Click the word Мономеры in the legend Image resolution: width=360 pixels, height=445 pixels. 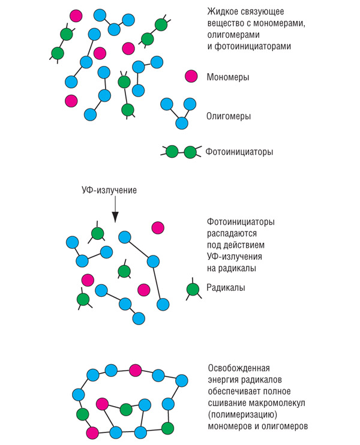[x=227, y=77]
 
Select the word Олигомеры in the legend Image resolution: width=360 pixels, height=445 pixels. [x=229, y=116]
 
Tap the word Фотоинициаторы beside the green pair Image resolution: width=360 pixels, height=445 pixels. [x=239, y=152]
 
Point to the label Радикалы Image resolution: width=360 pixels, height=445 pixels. [x=226, y=288]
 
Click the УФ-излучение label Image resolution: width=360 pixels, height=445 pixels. [x=109, y=190]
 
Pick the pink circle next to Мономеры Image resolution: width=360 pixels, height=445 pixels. [x=191, y=76]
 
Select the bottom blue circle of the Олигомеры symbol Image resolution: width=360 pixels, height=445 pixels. [x=182, y=123]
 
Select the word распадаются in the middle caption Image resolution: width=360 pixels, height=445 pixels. [x=232, y=233]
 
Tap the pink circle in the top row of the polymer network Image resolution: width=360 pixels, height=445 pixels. [x=135, y=370]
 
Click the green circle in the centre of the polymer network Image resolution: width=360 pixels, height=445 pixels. [x=126, y=409]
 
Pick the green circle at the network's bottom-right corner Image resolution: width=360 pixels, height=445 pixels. [x=167, y=428]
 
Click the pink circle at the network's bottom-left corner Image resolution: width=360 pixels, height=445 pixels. [x=92, y=433]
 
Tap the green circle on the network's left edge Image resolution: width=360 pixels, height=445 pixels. [x=82, y=414]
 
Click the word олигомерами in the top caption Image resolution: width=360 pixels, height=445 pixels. [x=233, y=35]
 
